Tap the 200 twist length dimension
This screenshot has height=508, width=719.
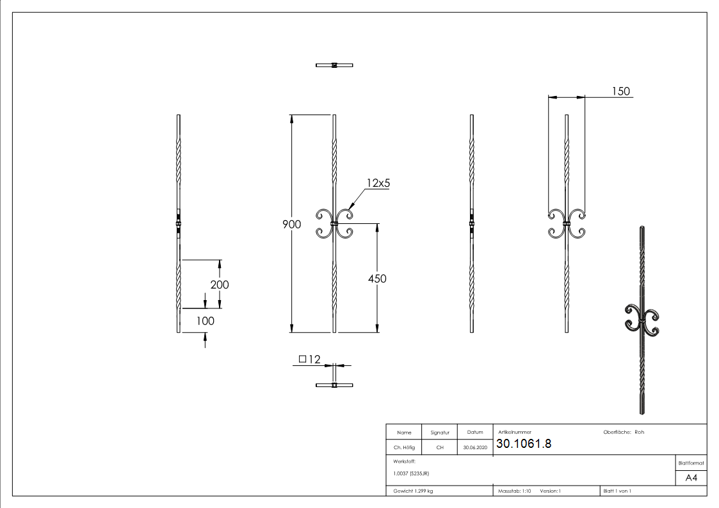pos(220,285)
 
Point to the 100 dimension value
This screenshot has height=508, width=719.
pos(205,321)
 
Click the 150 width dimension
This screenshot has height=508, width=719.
pos(620,91)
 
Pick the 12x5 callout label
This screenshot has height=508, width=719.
pos(378,183)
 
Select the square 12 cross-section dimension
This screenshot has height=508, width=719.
pos(309,360)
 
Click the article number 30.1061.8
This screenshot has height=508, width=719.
pos(524,444)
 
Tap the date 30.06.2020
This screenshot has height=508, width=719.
pos(474,448)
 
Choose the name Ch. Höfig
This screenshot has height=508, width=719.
pos(404,448)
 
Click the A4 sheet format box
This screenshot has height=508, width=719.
pos(691,478)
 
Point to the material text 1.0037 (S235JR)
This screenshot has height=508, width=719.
pos(411,473)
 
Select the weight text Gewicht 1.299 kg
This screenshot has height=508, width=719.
pos(413,491)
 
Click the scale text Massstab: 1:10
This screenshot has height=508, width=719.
pos(515,491)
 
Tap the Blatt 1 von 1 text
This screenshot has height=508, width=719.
pos(617,491)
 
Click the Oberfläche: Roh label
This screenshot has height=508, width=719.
pos(623,433)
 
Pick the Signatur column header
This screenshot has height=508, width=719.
pos(440,433)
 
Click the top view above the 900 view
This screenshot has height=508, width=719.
pos(334,65)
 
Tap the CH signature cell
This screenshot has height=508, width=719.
pos(440,448)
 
